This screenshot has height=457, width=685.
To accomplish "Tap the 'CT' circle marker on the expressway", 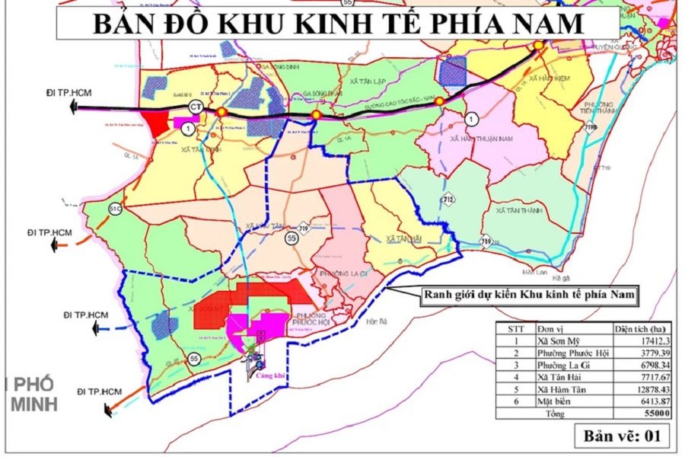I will pyautogui.click(x=196, y=106).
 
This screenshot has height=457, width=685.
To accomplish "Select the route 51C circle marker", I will pyautogui.click(x=114, y=208).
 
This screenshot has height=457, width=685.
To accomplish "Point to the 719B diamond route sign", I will pyautogui.click(x=591, y=128).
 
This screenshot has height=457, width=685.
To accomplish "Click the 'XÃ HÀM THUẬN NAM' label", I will pyautogui.click(x=483, y=139).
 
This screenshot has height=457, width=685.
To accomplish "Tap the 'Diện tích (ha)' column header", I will pyautogui.click(x=642, y=328).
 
